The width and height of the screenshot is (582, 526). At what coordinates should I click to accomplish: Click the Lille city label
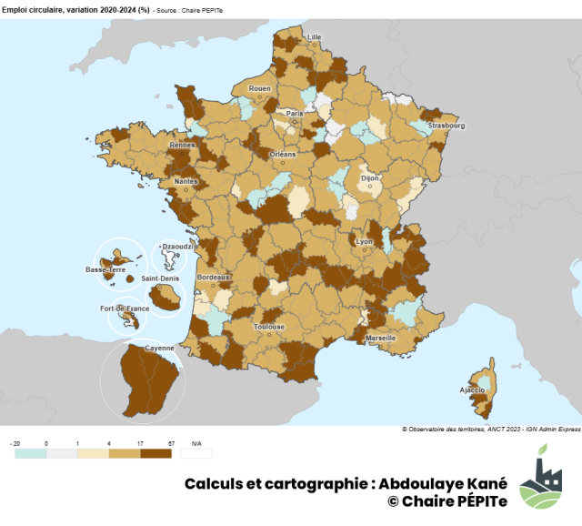click(315, 37)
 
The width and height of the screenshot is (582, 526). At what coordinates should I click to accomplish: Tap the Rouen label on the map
click(260, 88)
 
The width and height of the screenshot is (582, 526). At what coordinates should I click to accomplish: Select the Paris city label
click(295, 113)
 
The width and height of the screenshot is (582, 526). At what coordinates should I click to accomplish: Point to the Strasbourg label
click(447, 126)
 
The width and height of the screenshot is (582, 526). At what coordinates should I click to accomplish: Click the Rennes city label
click(183, 145)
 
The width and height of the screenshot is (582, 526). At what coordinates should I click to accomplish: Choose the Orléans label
click(283, 155)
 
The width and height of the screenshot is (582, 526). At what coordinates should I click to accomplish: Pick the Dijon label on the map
click(370, 179)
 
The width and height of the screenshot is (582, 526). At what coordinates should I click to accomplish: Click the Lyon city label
click(365, 241)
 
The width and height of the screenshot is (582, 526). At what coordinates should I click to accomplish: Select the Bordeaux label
click(214, 277)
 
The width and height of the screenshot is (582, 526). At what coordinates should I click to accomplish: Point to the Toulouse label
click(270, 326)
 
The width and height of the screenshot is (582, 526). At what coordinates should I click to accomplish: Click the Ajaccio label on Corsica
click(473, 389)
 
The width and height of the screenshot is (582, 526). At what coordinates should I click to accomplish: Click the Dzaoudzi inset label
click(174, 247)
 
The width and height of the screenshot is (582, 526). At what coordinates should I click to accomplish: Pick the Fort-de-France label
click(125, 309)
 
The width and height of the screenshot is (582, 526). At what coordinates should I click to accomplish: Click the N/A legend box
click(196, 452)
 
